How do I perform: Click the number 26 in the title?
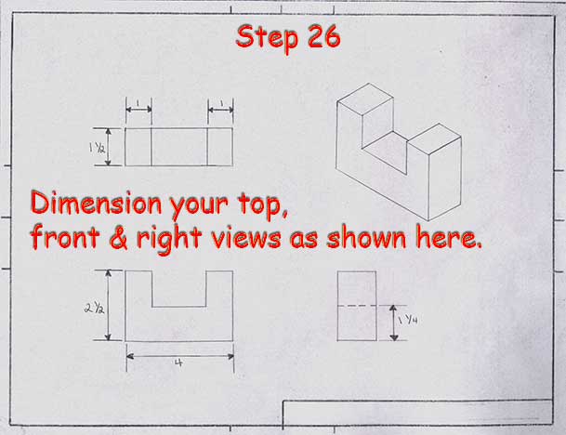[323, 36]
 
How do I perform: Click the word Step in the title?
[268, 39]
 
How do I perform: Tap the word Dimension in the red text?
[96, 203]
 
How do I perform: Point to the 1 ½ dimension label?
[97, 147]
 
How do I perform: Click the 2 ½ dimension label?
[95, 308]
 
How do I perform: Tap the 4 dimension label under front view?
[178, 362]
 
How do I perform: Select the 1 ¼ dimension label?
[408, 320]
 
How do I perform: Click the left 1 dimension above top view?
[138, 103]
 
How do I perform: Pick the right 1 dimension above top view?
[221, 103]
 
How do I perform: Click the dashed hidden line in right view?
[357, 306]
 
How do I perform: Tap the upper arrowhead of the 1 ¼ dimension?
[394, 309]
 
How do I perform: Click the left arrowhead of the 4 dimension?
[130, 357]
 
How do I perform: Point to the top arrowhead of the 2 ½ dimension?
[108, 273]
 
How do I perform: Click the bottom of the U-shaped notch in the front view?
[179, 307]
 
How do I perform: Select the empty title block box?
[417, 413]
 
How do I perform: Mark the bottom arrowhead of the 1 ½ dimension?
[109, 162]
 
